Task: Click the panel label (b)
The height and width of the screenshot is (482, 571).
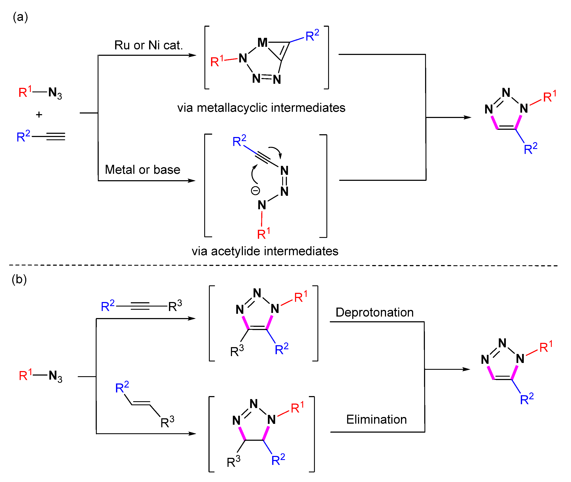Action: [x=19, y=279]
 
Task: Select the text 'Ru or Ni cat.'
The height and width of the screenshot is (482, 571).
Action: [x=148, y=45]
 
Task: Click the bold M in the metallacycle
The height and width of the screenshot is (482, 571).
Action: [x=262, y=43]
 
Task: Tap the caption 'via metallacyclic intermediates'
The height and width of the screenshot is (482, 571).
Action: [x=261, y=108]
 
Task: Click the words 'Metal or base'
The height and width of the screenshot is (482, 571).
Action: [x=142, y=170]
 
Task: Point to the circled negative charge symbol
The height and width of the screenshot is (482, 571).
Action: [x=255, y=190]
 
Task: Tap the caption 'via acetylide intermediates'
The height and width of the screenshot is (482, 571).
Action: [x=265, y=251]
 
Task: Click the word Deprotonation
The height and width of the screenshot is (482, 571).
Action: [x=374, y=312]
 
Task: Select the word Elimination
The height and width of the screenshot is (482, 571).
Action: [x=376, y=419]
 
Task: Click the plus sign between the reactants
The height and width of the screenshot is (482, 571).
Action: [x=39, y=115]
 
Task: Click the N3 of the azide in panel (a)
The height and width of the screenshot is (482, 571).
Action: [x=55, y=93]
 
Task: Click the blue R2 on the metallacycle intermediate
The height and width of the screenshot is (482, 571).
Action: [x=312, y=35]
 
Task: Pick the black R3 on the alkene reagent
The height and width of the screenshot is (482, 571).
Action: [x=167, y=422]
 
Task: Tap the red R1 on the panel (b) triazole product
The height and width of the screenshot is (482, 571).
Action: [x=546, y=347]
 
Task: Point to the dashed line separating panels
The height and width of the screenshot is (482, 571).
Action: [x=284, y=265]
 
